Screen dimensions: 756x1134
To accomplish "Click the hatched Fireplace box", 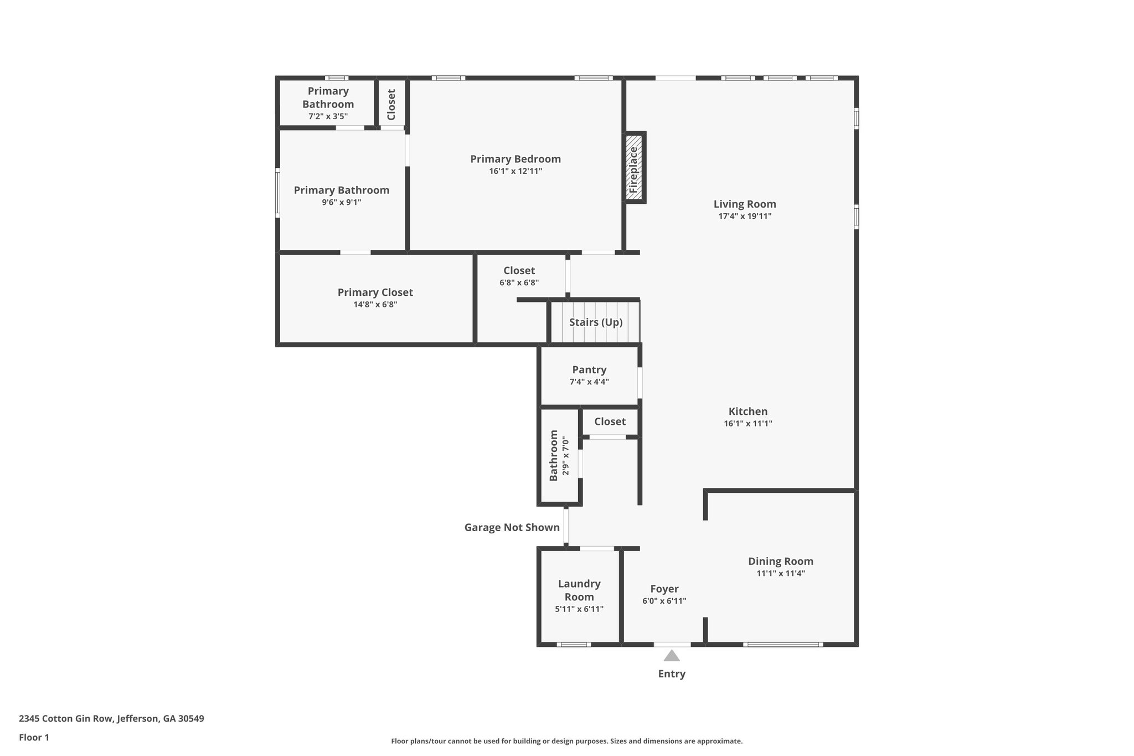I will point(635,167).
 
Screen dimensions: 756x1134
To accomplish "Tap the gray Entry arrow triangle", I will point(672,656).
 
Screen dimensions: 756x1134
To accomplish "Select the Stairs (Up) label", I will point(596,322).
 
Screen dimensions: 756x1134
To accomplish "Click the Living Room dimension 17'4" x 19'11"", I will point(745,217).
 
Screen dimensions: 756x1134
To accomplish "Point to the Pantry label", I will point(589,369).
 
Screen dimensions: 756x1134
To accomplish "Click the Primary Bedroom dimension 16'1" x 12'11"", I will point(515,171).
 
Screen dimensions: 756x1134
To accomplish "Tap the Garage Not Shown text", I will point(512,527).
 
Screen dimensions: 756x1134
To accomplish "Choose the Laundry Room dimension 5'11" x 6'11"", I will point(579,609).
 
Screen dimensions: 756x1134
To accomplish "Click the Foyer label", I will point(664,589).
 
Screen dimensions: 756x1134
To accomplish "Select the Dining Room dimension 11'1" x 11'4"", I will point(780,573).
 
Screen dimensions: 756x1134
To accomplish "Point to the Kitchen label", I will point(748,412).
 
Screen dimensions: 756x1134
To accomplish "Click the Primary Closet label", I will point(375,292).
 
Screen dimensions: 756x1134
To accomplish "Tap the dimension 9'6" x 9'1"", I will point(341,202).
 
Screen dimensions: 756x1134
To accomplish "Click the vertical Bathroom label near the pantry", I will point(554,456).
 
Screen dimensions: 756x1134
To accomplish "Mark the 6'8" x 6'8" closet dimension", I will point(519,282).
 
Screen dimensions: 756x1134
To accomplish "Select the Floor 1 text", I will point(34,738).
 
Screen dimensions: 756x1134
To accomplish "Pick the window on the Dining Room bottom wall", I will point(782,644).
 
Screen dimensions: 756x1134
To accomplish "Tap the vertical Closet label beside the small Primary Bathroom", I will point(391,104).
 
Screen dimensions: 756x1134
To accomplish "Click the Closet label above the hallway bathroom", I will point(610,421).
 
